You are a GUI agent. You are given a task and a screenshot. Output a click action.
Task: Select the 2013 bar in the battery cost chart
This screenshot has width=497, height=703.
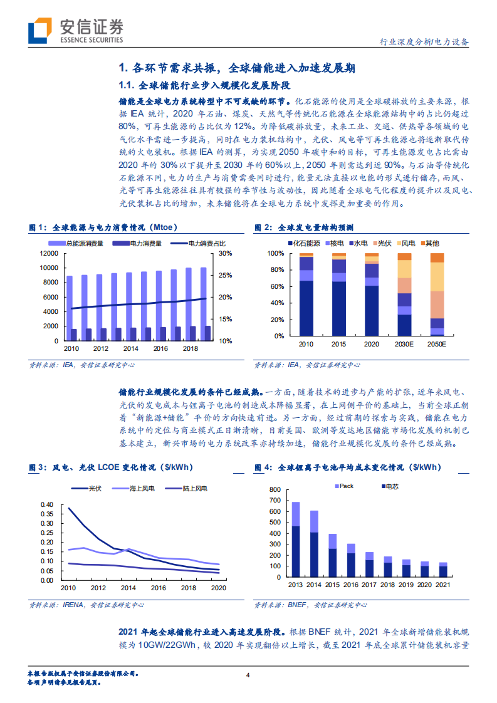pos(296,536)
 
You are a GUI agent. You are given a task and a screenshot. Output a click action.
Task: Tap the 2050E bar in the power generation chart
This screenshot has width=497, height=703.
pos(437,294)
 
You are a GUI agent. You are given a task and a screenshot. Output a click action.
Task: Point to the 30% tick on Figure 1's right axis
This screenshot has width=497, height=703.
pos(225,254)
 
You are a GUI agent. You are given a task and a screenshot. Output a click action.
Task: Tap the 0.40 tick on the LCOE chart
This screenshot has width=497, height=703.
pos(47,504)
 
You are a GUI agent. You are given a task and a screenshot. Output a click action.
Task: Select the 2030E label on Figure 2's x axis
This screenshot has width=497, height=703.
pos(404,345)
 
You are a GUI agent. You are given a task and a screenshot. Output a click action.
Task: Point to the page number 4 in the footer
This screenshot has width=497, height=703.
pos(248,675)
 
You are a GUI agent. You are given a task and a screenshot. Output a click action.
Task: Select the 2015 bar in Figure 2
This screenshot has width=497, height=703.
pos(339,294)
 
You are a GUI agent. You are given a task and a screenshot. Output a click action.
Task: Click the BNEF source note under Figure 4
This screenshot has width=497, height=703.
pos(310,605)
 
